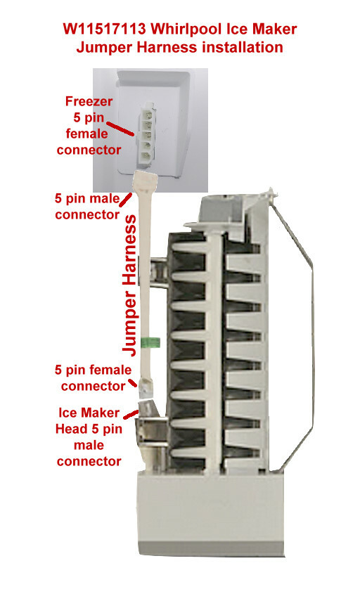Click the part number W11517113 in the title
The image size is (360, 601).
coord(104,29)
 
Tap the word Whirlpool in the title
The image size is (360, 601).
coord(187,30)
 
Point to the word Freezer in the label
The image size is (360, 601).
coord(89,101)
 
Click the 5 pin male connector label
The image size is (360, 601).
coord(87,207)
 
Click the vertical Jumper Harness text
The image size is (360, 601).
coord(129,285)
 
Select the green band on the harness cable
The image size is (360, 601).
coord(150,342)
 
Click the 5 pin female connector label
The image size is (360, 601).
coord(93,378)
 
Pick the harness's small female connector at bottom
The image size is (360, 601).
coord(146,387)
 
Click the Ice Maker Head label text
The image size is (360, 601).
coord(89,437)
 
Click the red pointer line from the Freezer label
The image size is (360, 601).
coord(120,129)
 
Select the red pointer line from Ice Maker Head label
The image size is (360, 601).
coord(131,414)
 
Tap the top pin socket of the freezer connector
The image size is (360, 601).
coord(147,114)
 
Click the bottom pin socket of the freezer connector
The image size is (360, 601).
coord(146,157)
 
